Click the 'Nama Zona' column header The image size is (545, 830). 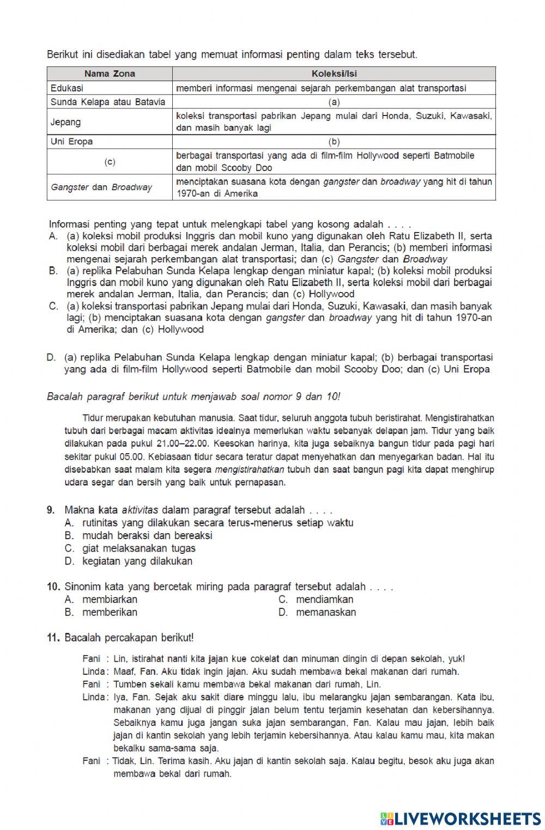point(110,74)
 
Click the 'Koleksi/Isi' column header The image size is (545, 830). point(334,74)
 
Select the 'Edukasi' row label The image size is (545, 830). point(67,88)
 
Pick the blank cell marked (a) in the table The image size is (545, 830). point(334,102)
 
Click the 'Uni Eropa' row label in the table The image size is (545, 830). point(71,142)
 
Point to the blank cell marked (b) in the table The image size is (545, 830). point(334,142)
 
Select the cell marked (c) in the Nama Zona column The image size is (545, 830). point(110,162)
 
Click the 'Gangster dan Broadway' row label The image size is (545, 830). point(101,187)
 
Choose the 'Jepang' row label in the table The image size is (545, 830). point(65,122)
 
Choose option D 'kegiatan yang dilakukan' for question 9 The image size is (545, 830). point(137,561)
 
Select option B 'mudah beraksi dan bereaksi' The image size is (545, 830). point(147,535)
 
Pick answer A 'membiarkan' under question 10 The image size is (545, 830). point(109,599)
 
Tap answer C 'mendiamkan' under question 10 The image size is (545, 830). point(324,599)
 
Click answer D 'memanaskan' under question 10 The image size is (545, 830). point(325,612)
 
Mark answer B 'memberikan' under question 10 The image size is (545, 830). point(109,612)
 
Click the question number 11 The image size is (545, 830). point(53,637)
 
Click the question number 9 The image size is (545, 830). point(51,510)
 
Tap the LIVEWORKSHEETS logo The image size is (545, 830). point(460,818)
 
